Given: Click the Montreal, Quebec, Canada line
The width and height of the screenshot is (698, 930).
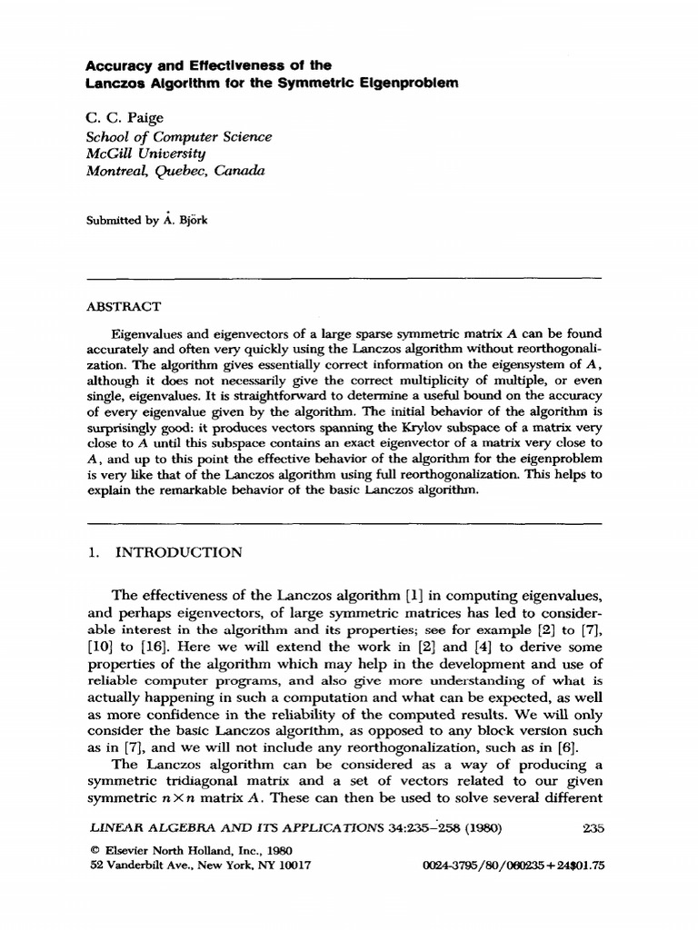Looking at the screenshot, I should (175, 171).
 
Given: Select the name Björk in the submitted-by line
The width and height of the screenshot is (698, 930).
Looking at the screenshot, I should (190, 220).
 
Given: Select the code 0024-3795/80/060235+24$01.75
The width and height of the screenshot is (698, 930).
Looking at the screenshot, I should (514, 866).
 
